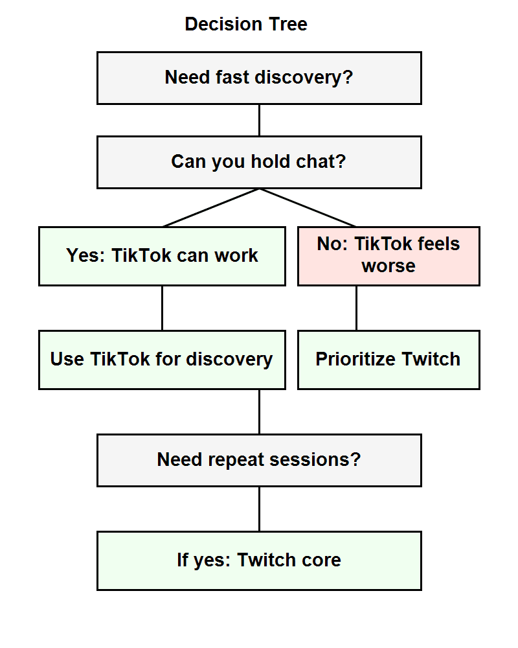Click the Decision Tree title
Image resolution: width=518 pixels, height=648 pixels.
pos(245,25)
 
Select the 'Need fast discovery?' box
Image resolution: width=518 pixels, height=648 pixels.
pos(259,78)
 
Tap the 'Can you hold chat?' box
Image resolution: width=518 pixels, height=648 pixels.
pos(259,162)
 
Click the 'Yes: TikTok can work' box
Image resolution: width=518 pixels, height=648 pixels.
pos(162,256)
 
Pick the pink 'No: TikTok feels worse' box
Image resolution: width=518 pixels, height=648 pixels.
pos(388,256)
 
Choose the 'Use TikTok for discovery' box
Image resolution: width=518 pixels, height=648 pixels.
pos(162,360)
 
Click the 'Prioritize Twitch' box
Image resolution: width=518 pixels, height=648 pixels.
pos(388,360)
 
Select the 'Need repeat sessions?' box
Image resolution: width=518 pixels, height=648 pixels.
pos(259,460)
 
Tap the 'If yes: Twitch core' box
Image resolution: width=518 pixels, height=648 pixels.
pos(259,561)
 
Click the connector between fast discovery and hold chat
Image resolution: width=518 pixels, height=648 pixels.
pos(259,120)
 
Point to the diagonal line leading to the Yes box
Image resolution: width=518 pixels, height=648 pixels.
pos(210,207)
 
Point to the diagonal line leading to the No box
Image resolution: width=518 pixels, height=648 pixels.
pos(308,207)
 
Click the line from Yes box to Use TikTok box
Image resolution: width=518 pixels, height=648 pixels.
pos(162,308)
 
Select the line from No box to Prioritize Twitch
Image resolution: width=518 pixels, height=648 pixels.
pos(356,308)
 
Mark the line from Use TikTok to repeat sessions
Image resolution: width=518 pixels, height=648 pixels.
pos(259,411)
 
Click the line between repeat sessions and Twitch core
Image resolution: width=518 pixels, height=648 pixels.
pos(259,509)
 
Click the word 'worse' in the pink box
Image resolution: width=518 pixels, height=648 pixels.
pos(388,266)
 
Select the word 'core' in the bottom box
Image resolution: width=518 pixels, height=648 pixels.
pos(316,561)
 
